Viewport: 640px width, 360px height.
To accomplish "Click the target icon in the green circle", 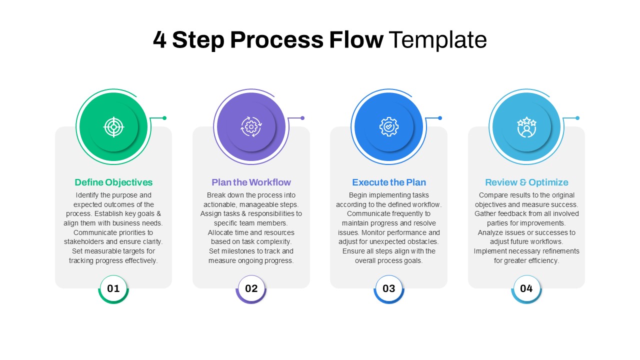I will tap(113, 127).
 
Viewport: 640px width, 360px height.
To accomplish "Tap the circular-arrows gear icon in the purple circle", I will tap(251, 127).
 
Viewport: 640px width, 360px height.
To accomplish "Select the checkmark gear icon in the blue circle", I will tap(389, 127).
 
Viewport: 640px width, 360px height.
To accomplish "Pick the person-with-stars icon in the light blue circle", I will tap(526, 127).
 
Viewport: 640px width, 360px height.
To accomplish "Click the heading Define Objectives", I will tap(113, 182).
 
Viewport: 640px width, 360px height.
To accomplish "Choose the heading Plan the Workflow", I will tap(251, 182).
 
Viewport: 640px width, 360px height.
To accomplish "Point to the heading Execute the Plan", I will tap(389, 182).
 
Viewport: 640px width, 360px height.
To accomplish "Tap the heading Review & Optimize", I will tap(526, 182).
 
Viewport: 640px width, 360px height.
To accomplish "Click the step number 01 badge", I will tap(113, 288).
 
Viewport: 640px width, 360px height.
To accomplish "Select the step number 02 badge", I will tap(251, 288).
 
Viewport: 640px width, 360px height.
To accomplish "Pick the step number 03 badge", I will tap(389, 288).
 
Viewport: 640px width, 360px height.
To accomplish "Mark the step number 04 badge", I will tap(526, 288).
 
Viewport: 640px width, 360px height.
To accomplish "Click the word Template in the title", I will tap(437, 40).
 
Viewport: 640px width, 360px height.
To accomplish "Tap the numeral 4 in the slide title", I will tap(159, 40).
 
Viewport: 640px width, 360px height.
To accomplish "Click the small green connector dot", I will tap(164, 118).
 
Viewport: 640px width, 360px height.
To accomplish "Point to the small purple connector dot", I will tap(302, 118).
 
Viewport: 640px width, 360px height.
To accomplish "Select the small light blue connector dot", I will tap(577, 118).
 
